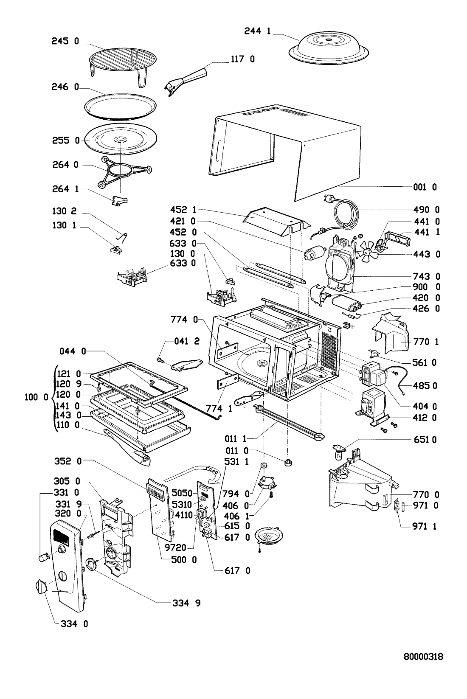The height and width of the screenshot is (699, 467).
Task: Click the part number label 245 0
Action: pos(64,42)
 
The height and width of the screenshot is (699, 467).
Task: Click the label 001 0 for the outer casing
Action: pos(425,187)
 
